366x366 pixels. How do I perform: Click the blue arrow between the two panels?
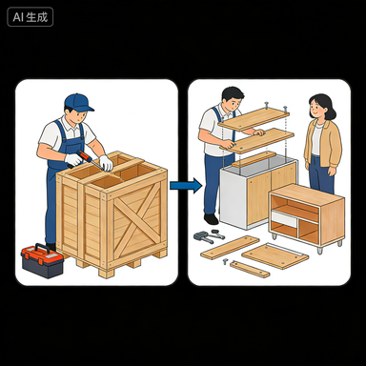[186, 185]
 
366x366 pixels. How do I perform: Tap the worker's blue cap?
[78, 102]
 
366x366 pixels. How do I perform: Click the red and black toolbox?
[43, 261]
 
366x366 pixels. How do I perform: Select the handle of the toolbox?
[41, 248]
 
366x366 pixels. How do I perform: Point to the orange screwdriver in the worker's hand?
[90, 159]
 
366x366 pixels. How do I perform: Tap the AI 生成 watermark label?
[30, 17]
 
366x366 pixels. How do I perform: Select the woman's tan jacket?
[323, 142]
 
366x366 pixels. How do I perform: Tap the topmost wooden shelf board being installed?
[254, 118]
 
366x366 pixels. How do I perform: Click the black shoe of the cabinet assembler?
[211, 218]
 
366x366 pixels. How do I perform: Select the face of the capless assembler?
[233, 102]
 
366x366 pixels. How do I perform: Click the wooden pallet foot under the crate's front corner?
[107, 274]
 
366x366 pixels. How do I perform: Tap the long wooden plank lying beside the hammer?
[230, 248]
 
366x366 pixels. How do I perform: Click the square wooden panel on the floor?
[274, 255]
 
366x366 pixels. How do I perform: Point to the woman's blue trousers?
[321, 173]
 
